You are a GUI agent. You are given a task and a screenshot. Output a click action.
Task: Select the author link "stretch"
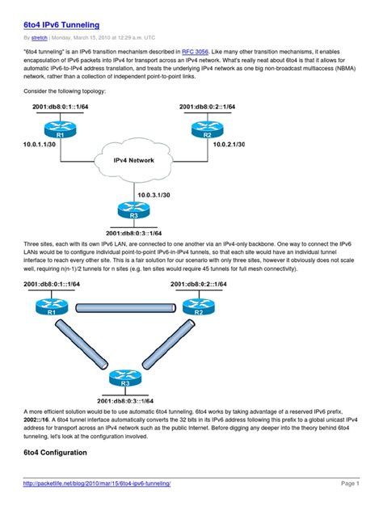click(x=40, y=37)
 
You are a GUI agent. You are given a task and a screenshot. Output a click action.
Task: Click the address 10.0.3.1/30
click(x=154, y=194)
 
